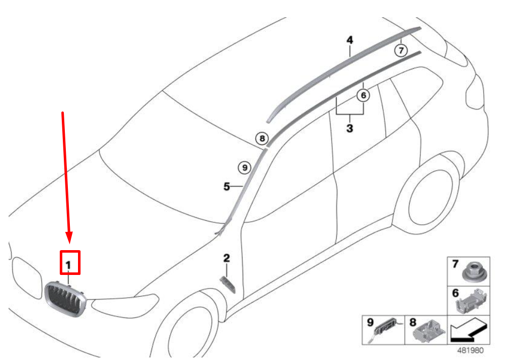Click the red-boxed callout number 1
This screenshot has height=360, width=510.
tap(68, 265)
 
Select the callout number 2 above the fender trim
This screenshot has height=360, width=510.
tap(227, 258)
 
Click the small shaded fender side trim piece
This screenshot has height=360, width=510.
tap(228, 285)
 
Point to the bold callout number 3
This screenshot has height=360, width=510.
tap(349, 128)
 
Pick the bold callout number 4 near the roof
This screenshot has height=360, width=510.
tap(349, 41)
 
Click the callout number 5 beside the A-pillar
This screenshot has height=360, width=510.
tap(227, 187)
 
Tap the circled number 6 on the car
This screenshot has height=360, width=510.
tap(363, 95)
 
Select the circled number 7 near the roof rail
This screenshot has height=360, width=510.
tap(401, 51)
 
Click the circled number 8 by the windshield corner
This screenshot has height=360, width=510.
tap(262, 139)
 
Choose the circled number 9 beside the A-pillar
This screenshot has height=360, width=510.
tap(245, 168)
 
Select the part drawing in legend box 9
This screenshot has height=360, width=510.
tap(386, 329)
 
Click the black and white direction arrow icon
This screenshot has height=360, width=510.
tap(468, 330)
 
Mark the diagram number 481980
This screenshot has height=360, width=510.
tap(470, 350)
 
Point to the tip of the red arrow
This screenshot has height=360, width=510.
tap(69, 244)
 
